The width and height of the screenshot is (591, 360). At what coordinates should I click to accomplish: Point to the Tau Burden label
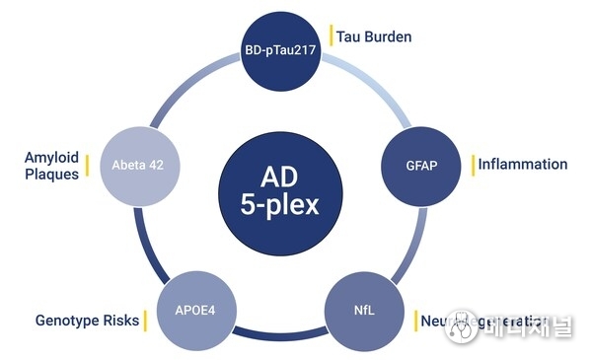(374, 37)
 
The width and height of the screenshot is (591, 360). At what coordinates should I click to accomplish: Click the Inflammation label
(522, 164)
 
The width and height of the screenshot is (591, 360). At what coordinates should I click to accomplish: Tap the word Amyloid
(51, 156)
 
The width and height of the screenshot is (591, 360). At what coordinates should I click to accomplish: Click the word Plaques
(51, 175)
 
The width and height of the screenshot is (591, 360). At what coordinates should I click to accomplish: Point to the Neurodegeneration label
(483, 321)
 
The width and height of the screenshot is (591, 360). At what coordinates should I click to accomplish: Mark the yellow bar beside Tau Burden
(332, 36)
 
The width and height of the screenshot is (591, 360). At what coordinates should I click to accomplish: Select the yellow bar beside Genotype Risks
(145, 321)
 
